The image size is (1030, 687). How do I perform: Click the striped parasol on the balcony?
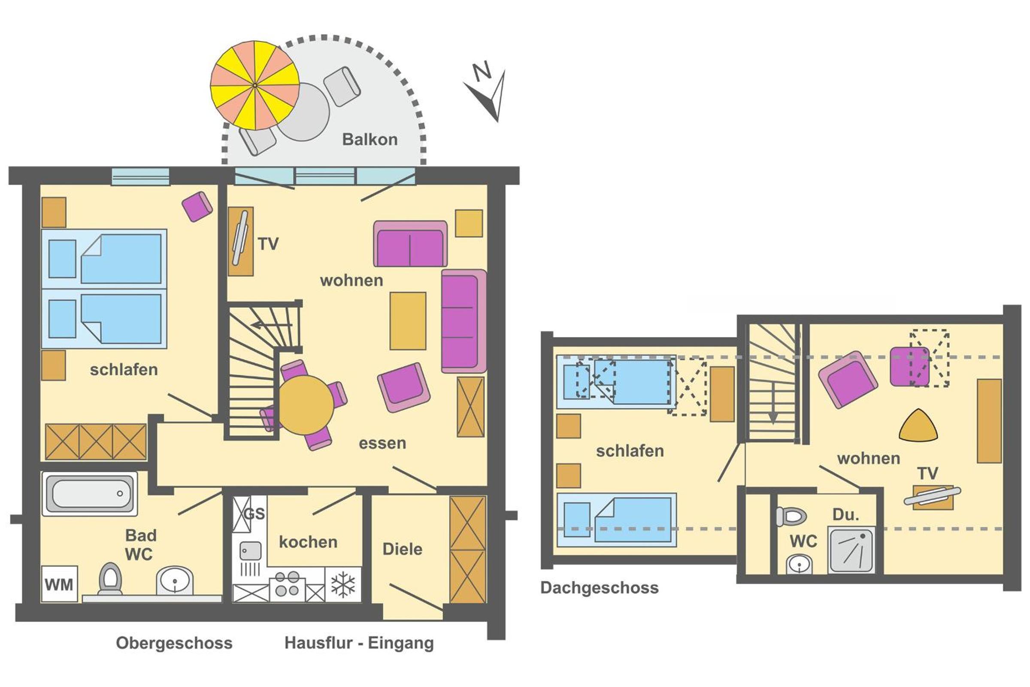pyautogui.click(x=255, y=85)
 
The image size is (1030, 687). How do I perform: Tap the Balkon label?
pyautogui.click(x=370, y=139)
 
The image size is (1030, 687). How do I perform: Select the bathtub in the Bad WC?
pyautogui.click(x=90, y=493)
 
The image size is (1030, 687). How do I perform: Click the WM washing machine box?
pyautogui.click(x=59, y=584)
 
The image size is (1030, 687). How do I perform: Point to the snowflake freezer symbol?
pyautogui.click(x=343, y=584)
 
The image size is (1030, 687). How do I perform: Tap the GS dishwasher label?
pyautogui.click(x=254, y=513)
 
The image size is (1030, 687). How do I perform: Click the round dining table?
pyautogui.click(x=306, y=405)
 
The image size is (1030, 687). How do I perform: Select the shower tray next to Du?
pyautogui.click(x=851, y=550)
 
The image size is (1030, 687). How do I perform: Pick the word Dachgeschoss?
pyautogui.click(x=599, y=588)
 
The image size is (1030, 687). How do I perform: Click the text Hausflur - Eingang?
pyautogui.click(x=359, y=643)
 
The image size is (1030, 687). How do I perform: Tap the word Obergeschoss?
pyautogui.click(x=174, y=643)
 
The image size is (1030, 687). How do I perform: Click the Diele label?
pyautogui.click(x=403, y=549)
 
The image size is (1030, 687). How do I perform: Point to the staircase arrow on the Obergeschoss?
pyautogui.click(x=271, y=325)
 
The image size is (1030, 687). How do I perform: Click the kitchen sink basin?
pyautogui.click(x=251, y=551)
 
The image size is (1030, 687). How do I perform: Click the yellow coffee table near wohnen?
pyautogui.click(x=408, y=321)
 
